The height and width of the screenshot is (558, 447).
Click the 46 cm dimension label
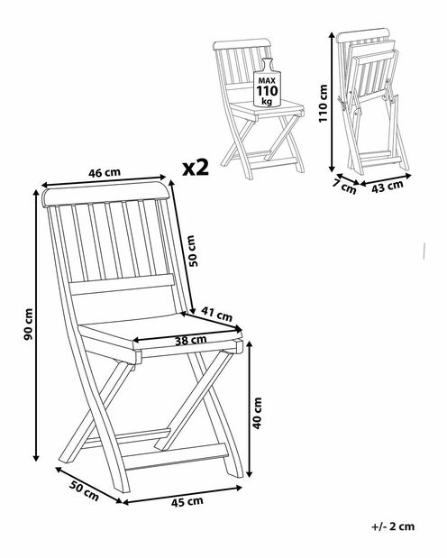(105, 173)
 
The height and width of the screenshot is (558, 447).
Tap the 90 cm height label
(29, 325)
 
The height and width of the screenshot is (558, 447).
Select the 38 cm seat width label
(190, 340)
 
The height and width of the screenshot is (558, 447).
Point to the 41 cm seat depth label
(216, 314)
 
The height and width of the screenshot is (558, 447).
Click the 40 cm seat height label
(257, 413)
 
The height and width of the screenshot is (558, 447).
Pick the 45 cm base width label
(187, 502)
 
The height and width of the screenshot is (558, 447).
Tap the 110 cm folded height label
(323, 104)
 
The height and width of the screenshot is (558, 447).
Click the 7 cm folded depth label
(345, 187)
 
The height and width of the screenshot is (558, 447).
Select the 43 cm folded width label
(388, 187)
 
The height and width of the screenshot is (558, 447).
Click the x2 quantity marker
(196, 168)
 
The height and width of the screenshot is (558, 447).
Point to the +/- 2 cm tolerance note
(394, 526)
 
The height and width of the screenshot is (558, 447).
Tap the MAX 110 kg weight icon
(267, 83)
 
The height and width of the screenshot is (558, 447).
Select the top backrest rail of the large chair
(106, 195)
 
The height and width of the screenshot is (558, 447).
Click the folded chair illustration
(372, 102)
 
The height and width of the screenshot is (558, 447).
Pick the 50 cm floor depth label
(84, 490)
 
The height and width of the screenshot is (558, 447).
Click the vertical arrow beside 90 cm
(36, 325)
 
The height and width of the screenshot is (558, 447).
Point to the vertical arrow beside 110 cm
(332, 102)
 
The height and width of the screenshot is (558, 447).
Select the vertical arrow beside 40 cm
(250, 409)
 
